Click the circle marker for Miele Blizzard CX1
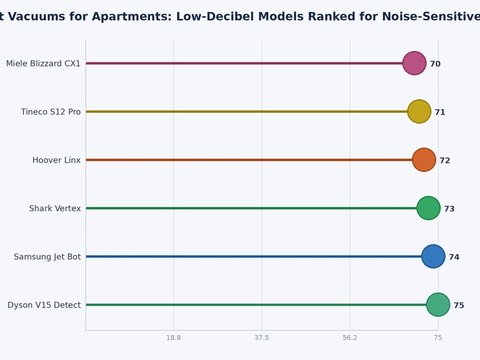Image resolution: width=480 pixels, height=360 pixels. pos(414,63)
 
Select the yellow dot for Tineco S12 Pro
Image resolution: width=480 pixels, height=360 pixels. pos(419,112)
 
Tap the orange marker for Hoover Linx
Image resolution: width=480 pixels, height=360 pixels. pos(424,160)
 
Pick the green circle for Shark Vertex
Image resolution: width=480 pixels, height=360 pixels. pos(428,208)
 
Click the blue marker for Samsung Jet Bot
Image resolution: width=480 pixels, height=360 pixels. pos(433,256)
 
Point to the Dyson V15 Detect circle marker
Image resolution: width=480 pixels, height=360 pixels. pos(438,305)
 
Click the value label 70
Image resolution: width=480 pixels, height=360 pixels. pos(435,64)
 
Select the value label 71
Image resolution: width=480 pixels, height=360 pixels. pos(440,112)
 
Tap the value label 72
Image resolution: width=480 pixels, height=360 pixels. pos(445,161)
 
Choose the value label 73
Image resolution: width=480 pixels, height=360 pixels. pos(449,209)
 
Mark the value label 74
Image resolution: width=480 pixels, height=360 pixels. pos(454,257)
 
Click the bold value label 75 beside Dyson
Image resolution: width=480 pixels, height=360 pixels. pos(459,305)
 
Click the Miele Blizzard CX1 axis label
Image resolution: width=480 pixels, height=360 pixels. pos(43,64)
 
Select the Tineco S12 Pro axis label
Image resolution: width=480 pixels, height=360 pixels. pos(50,112)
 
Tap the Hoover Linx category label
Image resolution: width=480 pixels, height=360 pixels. pos(56,160)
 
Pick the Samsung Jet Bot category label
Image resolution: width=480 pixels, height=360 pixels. pos(47,257)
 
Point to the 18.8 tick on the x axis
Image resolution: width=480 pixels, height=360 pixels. pos(173,338)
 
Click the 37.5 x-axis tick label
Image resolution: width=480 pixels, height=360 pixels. pos(262,338)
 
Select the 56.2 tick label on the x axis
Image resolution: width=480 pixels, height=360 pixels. pos(350,338)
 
